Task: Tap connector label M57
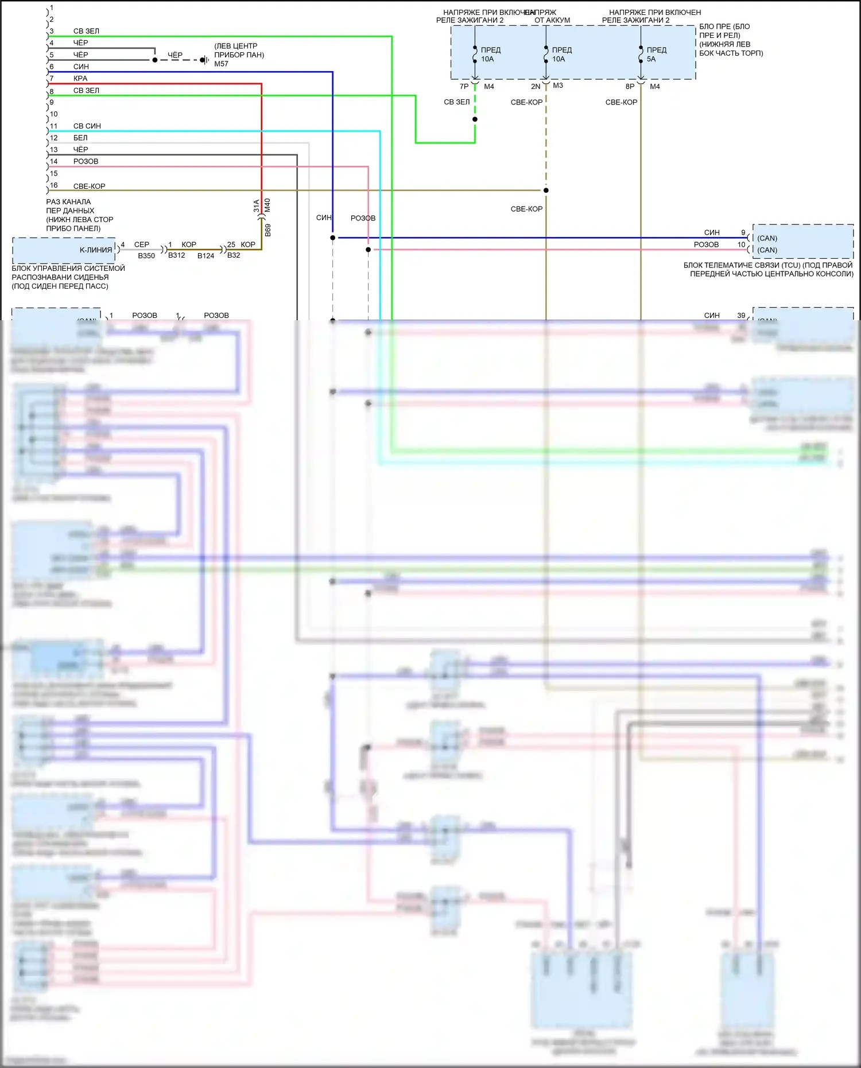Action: [x=221, y=64]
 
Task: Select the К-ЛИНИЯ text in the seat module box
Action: [x=96, y=250]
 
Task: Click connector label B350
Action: [x=146, y=256]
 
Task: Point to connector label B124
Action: [x=205, y=256]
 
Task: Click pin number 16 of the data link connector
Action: [x=54, y=185]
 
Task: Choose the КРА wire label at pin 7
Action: [x=80, y=79]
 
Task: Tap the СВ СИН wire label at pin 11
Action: [x=87, y=126]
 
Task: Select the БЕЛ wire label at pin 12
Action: [x=80, y=138]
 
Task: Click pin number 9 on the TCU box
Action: [x=743, y=232]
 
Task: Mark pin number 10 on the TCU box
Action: [x=741, y=244]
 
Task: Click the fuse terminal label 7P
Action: [x=464, y=87]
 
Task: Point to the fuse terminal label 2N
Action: [x=535, y=87]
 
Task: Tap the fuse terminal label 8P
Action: [x=630, y=87]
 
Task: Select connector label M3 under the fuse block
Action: [x=558, y=86]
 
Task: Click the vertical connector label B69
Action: [x=268, y=230]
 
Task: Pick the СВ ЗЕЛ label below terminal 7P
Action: [x=456, y=102]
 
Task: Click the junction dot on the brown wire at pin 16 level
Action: [x=546, y=190]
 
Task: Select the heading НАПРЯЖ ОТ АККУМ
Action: [x=551, y=16]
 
